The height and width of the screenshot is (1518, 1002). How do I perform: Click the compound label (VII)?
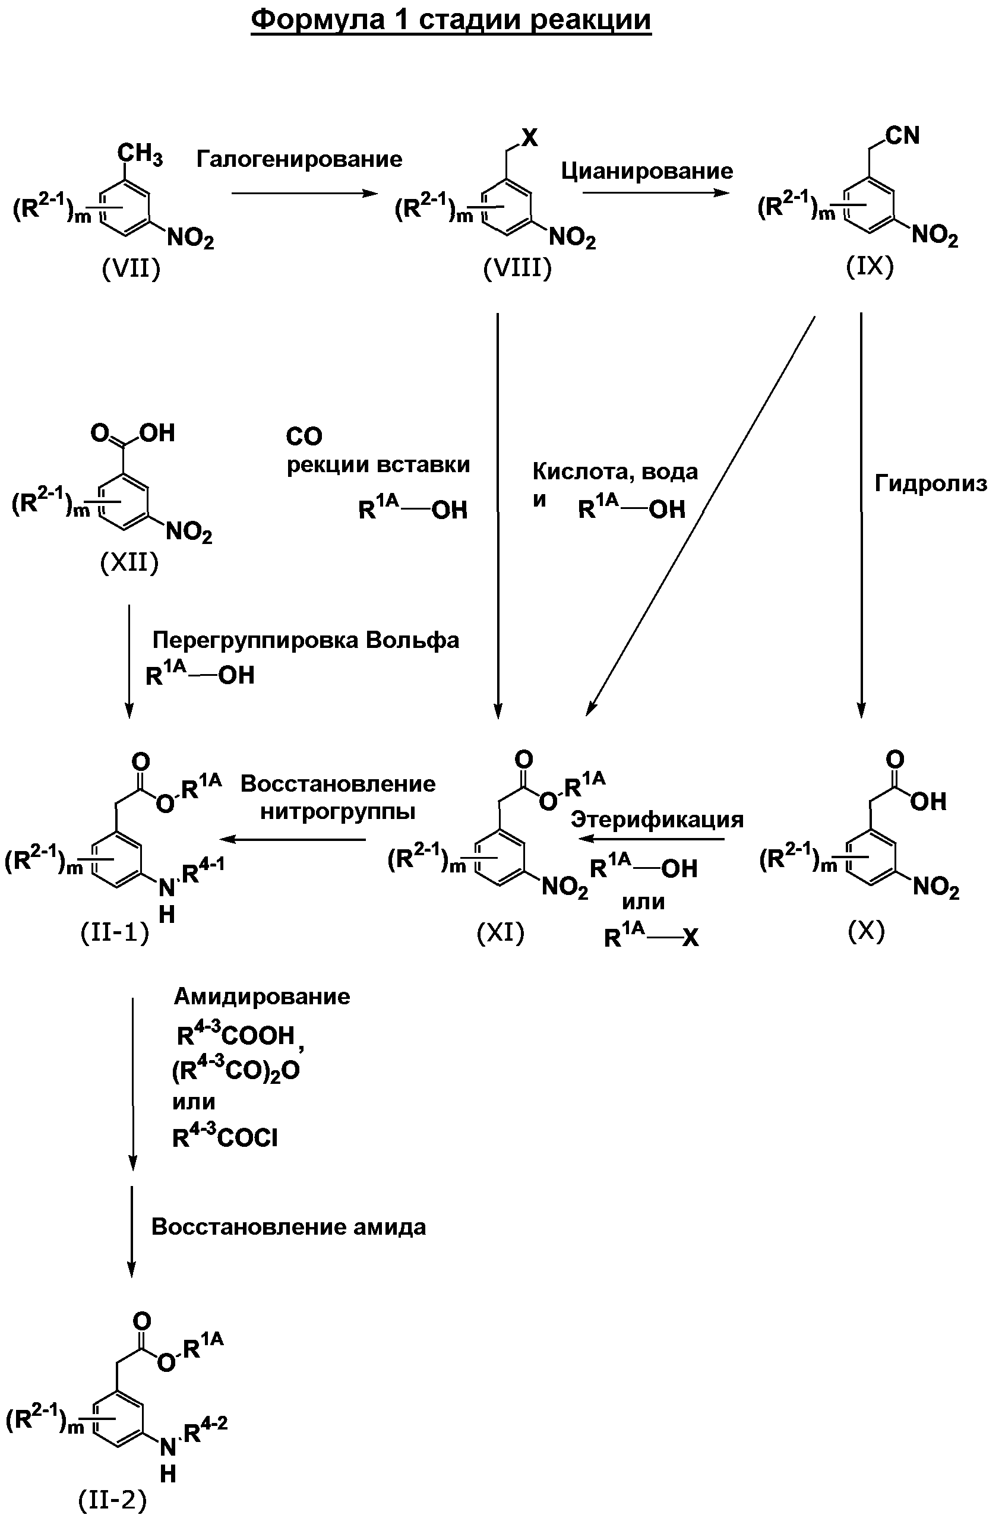click(x=131, y=269)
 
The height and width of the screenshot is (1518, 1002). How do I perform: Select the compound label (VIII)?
click(x=517, y=268)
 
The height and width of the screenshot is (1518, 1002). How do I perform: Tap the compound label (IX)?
click(x=870, y=266)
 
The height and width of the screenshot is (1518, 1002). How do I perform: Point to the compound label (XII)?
click(x=129, y=562)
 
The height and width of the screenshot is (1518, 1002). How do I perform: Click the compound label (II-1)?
click(x=115, y=933)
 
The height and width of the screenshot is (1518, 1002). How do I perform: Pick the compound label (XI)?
click(x=500, y=933)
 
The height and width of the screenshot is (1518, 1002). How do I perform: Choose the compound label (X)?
click(x=866, y=931)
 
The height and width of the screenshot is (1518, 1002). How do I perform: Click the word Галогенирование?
click(x=299, y=159)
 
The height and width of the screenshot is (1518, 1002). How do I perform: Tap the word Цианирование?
click(x=647, y=171)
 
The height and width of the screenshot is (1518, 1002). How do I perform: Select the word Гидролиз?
click(x=930, y=483)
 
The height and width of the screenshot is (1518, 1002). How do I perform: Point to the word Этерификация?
click(x=657, y=820)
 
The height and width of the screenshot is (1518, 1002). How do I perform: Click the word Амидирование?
click(x=262, y=997)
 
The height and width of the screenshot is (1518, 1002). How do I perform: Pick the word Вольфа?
click(x=412, y=640)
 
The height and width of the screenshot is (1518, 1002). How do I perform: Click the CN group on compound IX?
click(x=902, y=135)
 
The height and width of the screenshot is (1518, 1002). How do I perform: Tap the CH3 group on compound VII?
click(x=140, y=154)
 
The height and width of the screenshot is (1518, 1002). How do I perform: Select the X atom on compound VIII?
click(x=530, y=137)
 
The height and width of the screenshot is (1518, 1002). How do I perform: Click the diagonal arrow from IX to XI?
click(x=700, y=516)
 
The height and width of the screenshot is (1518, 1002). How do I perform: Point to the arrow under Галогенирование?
click(x=305, y=193)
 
